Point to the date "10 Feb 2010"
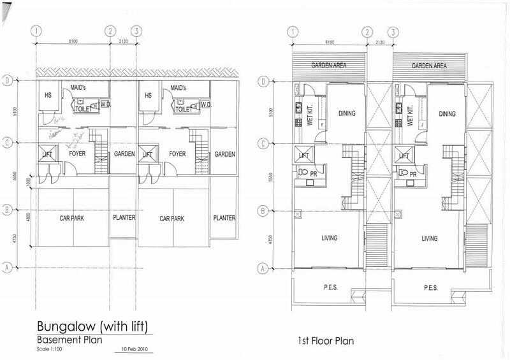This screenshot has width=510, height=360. [x=133, y=350]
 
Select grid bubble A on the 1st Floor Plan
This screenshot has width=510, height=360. [x=262, y=269]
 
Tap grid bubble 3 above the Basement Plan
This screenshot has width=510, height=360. [x=135, y=31]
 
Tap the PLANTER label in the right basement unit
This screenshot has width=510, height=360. [x=223, y=218]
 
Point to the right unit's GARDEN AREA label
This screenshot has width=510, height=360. [x=428, y=66]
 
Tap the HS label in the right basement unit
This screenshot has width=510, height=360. [x=149, y=96]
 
